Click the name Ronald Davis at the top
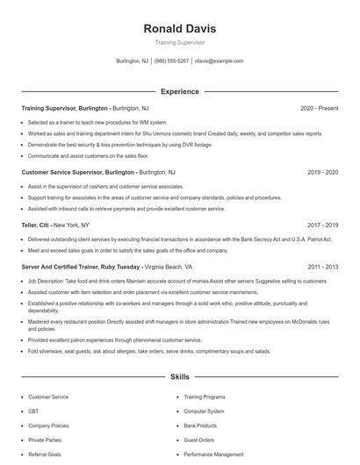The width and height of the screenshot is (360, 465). (179, 28)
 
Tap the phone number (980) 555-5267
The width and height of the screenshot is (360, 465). (171, 61)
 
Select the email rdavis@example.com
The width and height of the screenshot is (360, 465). (219, 61)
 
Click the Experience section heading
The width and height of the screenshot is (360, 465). (179, 91)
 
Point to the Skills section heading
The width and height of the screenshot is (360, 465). (179, 376)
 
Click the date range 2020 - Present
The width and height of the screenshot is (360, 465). (319, 108)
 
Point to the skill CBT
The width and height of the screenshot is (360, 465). (33, 411)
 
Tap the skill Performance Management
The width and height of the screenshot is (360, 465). (213, 454)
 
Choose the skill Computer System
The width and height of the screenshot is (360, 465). (204, 411)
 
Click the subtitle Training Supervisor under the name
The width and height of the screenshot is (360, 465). (179, 42)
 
